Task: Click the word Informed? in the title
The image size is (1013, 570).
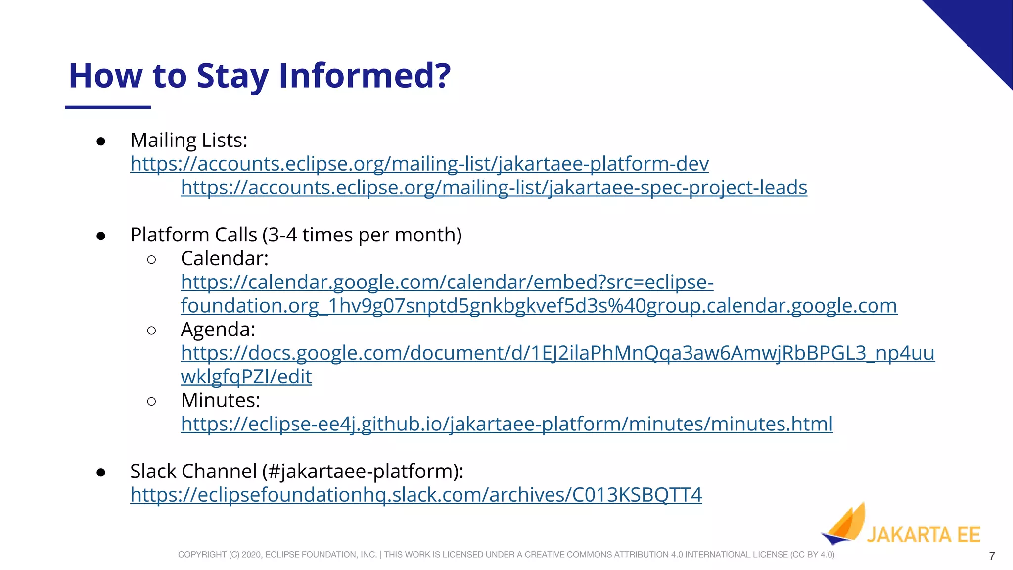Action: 365,76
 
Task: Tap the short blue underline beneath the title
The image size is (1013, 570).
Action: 108,107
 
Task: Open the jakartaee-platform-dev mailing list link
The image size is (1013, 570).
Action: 419,164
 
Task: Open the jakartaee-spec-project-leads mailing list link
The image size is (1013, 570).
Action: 494,188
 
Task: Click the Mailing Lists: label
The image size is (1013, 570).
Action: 188,141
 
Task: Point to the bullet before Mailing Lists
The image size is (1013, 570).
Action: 101,142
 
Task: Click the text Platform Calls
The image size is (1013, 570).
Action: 193,235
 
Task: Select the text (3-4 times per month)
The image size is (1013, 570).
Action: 362,235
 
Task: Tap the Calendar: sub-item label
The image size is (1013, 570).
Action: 225,258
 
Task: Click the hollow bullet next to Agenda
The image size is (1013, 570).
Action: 152,330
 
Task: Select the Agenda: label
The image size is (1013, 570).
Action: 218,330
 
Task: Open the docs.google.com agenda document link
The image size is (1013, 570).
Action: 557,353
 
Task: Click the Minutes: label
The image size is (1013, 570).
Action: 221,400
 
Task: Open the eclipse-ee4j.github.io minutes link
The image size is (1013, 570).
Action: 506,424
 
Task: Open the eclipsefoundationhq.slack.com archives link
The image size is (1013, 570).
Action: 416,495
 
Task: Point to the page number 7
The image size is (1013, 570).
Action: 992,556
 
